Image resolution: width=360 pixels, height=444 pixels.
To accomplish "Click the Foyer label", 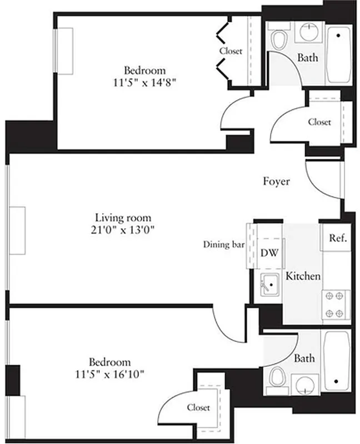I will coord(276,181).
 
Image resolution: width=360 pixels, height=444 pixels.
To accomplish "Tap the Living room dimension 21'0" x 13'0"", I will coord(123,229).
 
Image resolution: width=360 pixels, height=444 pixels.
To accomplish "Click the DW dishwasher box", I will coord(270,252).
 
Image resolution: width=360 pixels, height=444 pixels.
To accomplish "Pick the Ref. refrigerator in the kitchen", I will coord(338,238).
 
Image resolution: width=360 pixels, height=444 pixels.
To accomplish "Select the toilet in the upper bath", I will coord(278,38).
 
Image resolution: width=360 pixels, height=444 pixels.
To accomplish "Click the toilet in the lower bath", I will coord(277,379).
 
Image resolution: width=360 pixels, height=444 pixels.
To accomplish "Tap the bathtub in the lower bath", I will coord(336,361).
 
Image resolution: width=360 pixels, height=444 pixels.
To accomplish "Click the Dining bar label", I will coord(223,244).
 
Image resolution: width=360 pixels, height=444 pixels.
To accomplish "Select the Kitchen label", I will coord(303,276).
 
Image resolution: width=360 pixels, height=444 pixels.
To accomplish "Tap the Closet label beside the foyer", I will coord(319,122).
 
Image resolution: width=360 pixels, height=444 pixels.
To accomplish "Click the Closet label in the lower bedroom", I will coord(198,407).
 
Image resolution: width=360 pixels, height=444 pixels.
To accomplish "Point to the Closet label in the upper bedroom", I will coord(231,51).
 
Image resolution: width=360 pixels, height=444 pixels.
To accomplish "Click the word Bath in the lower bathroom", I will coord(304,359).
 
